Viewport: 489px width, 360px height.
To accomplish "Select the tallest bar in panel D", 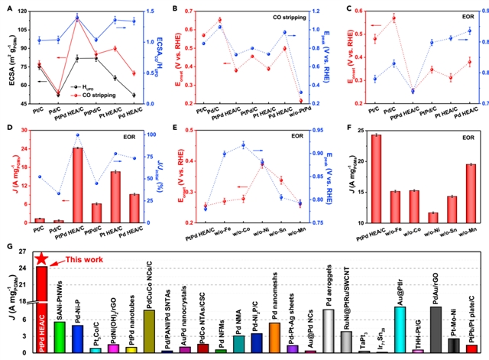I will (78, 184).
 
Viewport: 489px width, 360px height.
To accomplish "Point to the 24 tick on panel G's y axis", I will (28, 268).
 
